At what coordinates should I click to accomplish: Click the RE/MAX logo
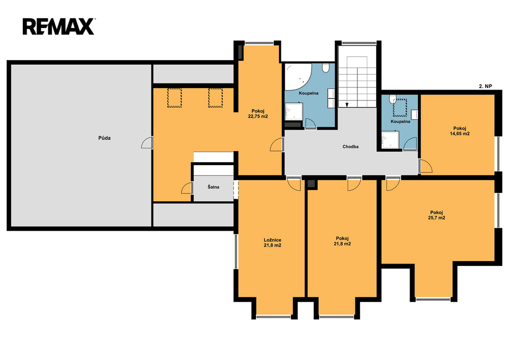(x=59, y=27)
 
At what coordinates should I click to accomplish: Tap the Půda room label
(x=104, y=138)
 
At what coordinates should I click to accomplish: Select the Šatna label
(x=213, y=187)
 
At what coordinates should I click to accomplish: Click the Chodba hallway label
(x=350, y=147)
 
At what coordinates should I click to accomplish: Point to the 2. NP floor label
(x=486, y=87)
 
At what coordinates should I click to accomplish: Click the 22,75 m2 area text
(x=258, y=116)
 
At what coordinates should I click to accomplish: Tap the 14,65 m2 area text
(x=460, y=133)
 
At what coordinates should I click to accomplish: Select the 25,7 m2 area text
(x=436, y=218)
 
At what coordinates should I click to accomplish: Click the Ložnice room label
(x=272, y=240)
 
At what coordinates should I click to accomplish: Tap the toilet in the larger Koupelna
(x=326, y=68)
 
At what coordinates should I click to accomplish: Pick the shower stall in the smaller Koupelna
(x=390, y=140)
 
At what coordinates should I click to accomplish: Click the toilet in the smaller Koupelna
(x=393, y=98)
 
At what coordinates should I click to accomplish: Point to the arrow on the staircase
(x=346, y=104)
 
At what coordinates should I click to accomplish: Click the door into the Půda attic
(x=147, y=143)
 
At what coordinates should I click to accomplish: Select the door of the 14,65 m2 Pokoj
(x=425, y=166)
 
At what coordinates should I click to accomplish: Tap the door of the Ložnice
(x=294, y=184)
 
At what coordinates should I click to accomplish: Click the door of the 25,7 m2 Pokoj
(x=393, y=184)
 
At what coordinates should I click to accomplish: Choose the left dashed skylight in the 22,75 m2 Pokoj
(x=174, y=98)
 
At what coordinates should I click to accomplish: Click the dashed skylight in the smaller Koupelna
(x=400, y=108)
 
